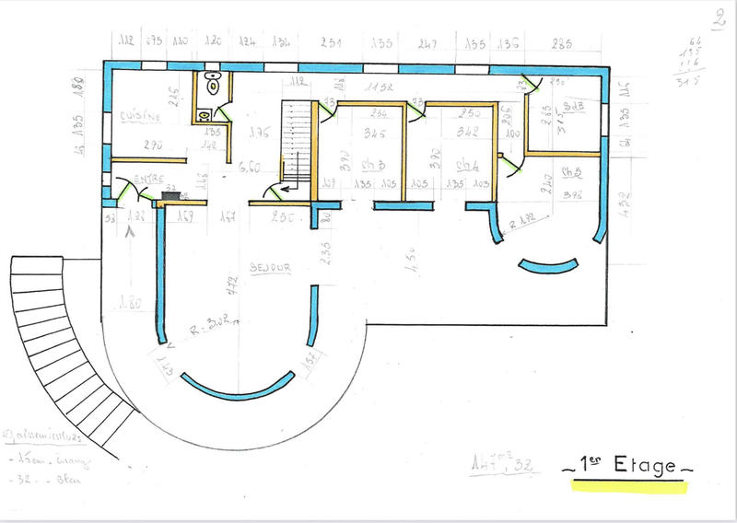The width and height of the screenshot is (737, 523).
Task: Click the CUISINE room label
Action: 140,117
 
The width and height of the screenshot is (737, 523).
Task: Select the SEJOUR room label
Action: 270,268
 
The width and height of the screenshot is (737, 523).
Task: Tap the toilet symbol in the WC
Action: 213,85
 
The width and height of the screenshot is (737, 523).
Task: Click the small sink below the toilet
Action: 205,114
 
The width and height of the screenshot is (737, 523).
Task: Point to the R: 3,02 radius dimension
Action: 218,322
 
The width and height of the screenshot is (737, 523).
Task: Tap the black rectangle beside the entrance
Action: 170,194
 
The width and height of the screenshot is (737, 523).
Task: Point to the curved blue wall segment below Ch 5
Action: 548,267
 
